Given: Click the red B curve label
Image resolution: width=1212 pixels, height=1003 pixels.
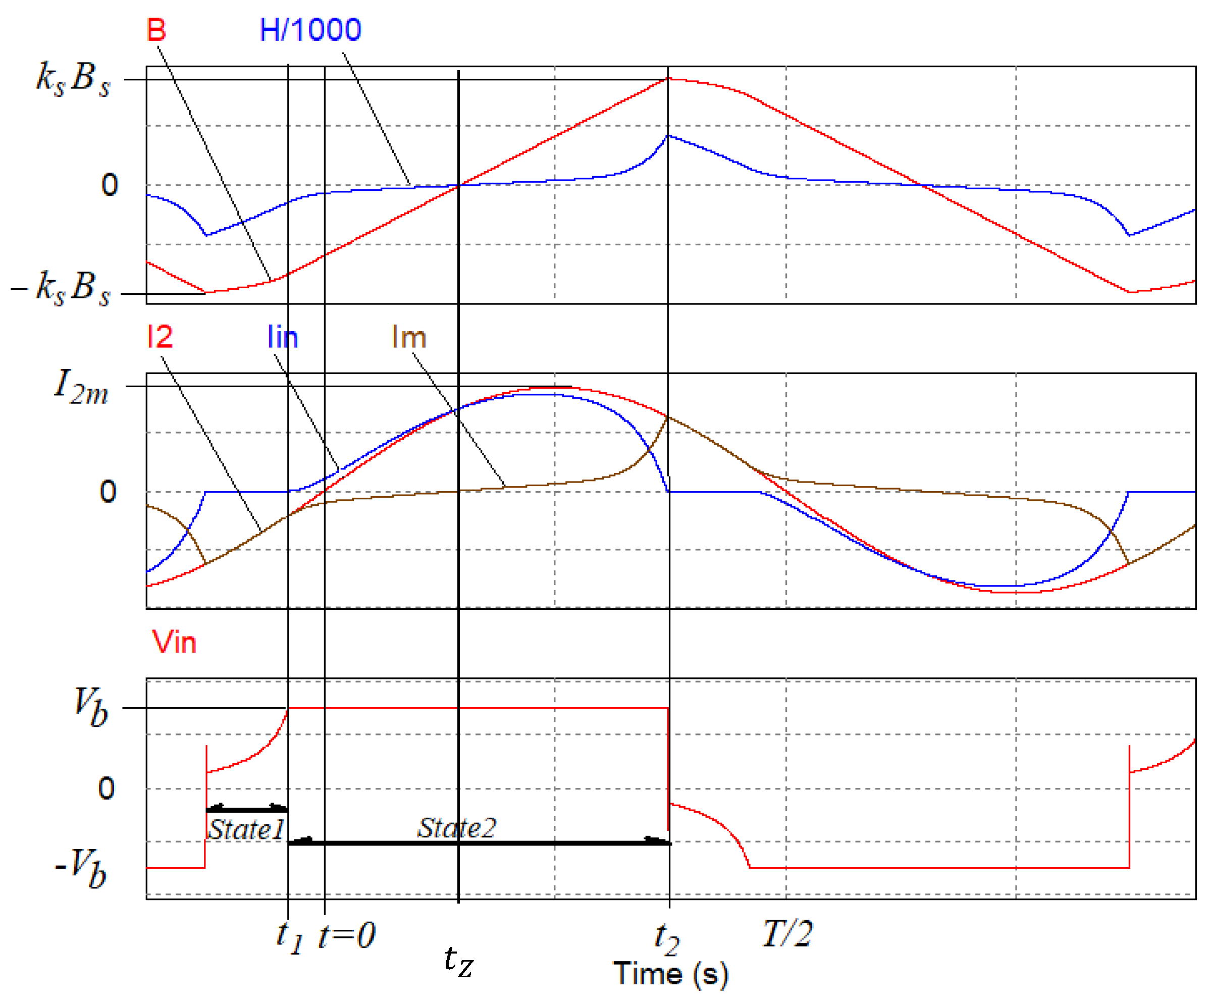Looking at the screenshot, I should tap(156, 30).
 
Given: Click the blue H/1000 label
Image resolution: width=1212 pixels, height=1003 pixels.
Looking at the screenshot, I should tap(310, 30).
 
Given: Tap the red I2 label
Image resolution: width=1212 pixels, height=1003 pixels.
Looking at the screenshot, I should tap(160, 337).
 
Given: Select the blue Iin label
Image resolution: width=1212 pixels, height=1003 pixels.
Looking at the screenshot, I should tap(283, 337).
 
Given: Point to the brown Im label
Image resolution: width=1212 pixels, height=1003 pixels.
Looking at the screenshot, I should tap(408, 337).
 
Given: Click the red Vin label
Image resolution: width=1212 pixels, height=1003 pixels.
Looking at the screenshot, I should tap(174, 642).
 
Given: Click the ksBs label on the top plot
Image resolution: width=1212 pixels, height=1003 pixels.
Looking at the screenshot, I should tap(73, 79).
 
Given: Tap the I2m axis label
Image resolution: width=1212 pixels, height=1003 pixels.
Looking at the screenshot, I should tap(81, 386).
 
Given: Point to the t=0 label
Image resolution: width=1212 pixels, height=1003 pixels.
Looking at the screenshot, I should tap(347, 935).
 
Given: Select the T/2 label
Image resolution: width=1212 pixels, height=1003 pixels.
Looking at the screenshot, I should tap(787, 933).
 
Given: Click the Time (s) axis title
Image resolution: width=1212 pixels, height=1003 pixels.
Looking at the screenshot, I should tap(671, 974).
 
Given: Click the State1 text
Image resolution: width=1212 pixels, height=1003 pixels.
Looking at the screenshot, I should tap(246, 830).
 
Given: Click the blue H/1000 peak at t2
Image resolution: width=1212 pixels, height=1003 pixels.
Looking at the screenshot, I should tap(668, 136).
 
